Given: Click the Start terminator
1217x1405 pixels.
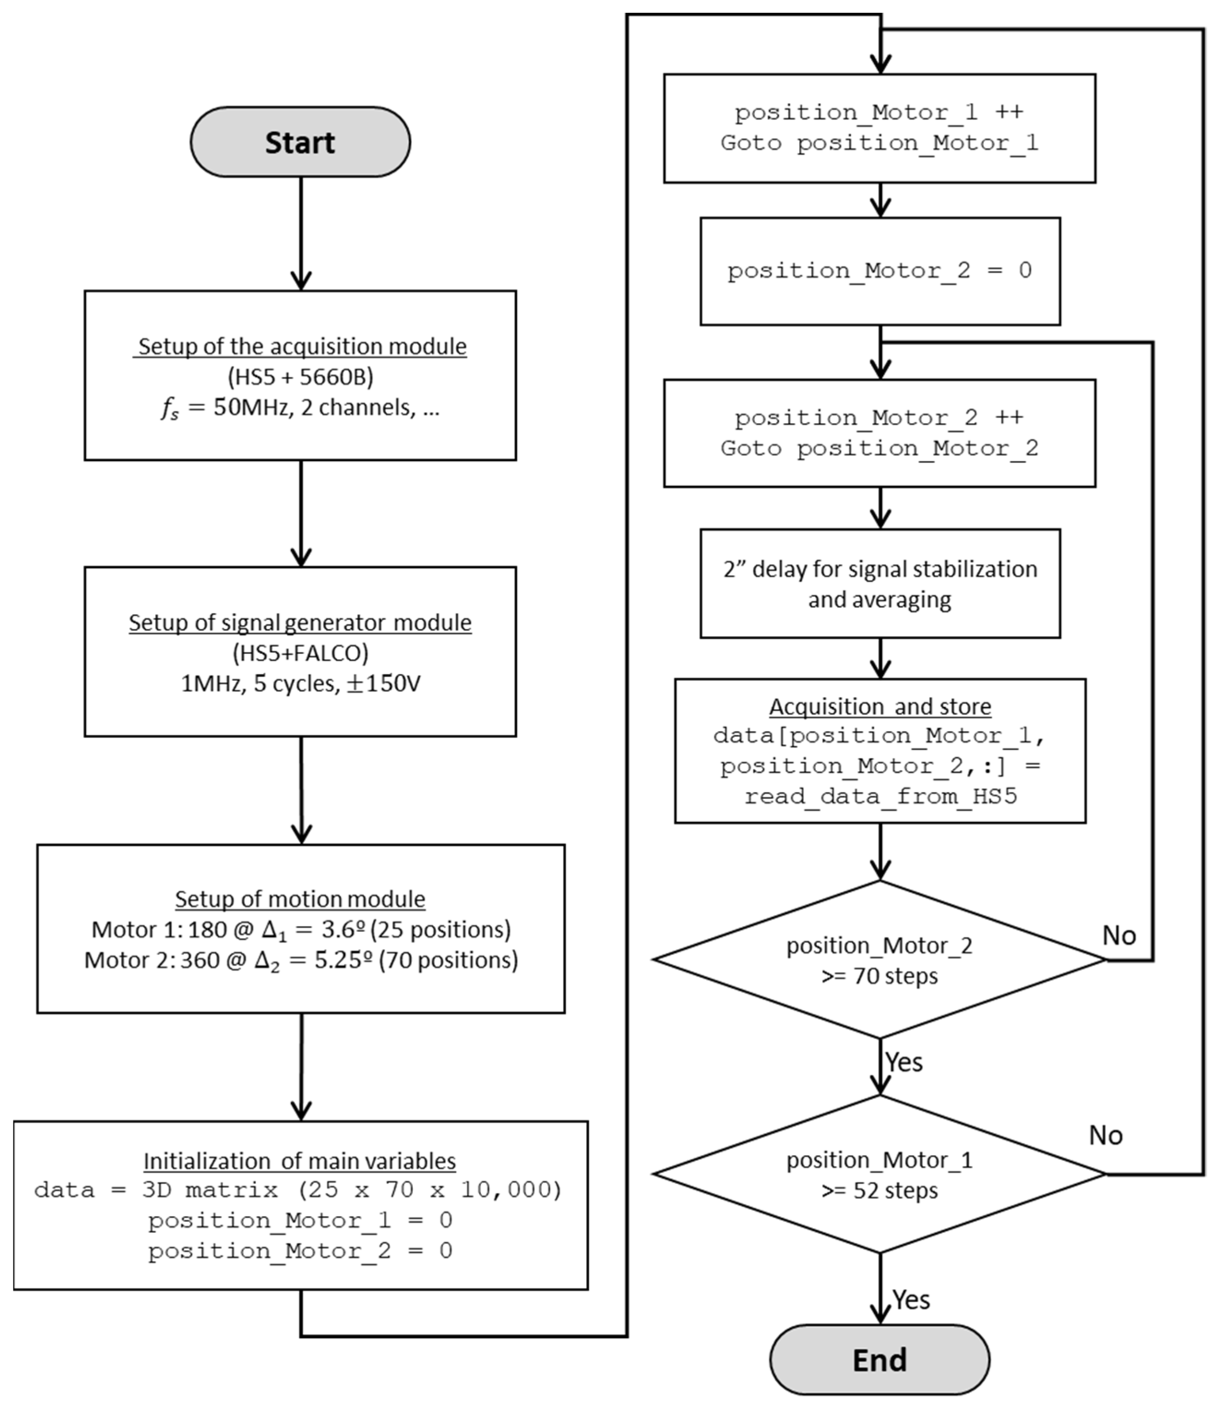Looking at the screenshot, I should coord(300,142).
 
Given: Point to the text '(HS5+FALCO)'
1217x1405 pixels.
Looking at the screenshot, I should coord(300,653).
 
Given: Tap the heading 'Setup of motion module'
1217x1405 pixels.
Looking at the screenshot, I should coord(300,899).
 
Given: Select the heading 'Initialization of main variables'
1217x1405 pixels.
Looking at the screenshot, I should coord(299,1160).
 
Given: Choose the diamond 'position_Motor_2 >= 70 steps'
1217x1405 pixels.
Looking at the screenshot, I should coord(879,960).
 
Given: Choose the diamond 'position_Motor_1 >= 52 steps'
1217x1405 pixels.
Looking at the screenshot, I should coord(879,1174).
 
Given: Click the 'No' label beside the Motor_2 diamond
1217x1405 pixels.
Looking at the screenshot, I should coord(1118,936).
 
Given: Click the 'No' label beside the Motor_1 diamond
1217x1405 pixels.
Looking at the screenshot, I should coord(1105,1135).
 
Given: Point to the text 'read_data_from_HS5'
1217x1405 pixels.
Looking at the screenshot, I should coord(880,796).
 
